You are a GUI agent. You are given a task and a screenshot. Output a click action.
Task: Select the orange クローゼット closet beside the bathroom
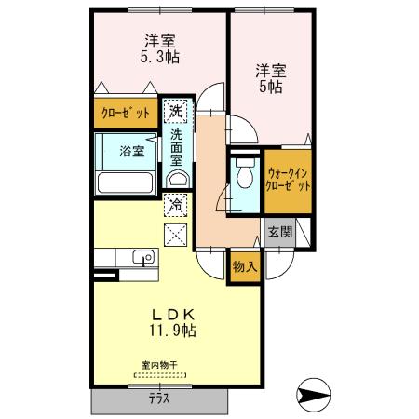pos(126,114)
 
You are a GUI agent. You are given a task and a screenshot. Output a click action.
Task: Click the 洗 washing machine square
pos(174,112)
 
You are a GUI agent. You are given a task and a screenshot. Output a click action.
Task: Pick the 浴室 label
pos(130,151)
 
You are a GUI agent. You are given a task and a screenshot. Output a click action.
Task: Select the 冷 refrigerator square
pos(174,203)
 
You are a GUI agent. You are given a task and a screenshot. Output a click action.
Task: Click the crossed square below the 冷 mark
pos(174,234)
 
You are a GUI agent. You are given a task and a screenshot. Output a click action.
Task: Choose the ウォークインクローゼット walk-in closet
pos(289,179)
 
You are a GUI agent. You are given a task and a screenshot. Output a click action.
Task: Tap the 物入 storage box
pos(245,267)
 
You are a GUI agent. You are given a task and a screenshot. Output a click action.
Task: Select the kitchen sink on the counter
pos(142,258)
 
